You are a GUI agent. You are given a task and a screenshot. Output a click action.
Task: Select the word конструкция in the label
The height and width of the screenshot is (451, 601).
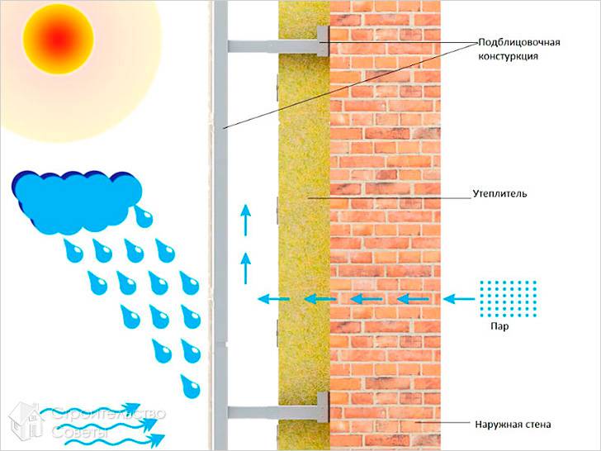pyautogui.click(x=509, y=57)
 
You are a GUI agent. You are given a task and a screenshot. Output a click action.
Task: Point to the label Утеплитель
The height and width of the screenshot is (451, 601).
pyautogui.click(x=499, y=194)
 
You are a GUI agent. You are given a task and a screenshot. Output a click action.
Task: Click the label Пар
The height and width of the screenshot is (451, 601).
pyautogui.click(x=498, y=326)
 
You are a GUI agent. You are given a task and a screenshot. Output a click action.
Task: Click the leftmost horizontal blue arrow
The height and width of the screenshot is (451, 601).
pyautogui.click(x=272, y=297)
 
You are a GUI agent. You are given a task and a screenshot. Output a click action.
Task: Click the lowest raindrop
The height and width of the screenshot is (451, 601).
pyautogui.click(x=191, y=383)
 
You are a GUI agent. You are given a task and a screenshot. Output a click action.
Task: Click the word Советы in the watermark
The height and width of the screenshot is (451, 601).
pyautogui.click(x=78, y=432)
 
